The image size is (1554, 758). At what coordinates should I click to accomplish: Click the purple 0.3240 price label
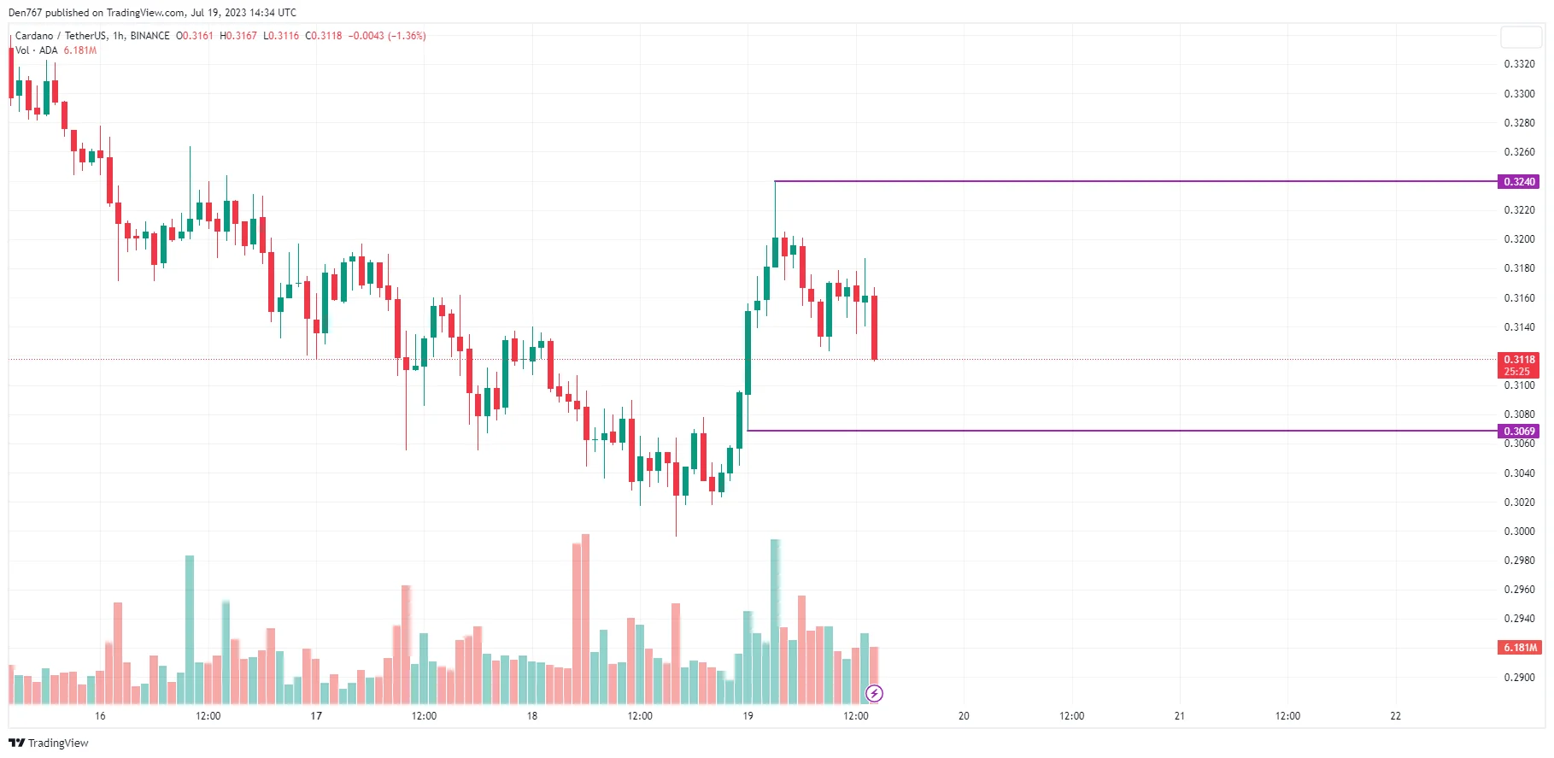click(1518, 182)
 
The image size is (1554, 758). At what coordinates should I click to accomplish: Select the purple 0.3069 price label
click(1518, 432)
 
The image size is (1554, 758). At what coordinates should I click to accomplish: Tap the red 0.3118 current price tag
click(1518, 360)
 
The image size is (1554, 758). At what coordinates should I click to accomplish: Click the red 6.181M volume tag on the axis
click(1520, 648)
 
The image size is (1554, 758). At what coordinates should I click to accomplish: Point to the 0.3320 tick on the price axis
click(1518, 64)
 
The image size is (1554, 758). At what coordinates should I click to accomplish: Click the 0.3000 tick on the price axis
click(1518, 532)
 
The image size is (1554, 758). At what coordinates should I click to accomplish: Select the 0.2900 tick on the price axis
click(1518, 678)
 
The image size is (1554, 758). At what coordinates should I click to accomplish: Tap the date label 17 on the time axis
click(316, 716)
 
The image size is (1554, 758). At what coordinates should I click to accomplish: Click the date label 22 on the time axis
click(1395, 716)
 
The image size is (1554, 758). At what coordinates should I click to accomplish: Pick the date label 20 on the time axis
click(964, 716)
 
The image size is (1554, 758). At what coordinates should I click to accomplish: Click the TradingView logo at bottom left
click(49, 743)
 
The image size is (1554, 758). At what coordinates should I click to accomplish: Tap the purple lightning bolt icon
click(874, 693)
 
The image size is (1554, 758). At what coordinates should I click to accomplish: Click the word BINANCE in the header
click(150, 36)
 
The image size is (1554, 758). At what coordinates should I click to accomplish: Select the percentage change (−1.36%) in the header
click(407, 36)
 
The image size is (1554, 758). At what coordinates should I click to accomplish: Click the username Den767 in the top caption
click(25, 13)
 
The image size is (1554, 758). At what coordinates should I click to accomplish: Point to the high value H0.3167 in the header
click(237, 36)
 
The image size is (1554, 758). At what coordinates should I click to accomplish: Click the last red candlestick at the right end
click(874, 327)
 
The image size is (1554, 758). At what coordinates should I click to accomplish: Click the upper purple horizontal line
click(1111, 181)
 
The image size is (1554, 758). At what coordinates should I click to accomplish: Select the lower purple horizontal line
click(1111, 431)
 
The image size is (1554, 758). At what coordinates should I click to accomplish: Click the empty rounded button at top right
click(1521, 37)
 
